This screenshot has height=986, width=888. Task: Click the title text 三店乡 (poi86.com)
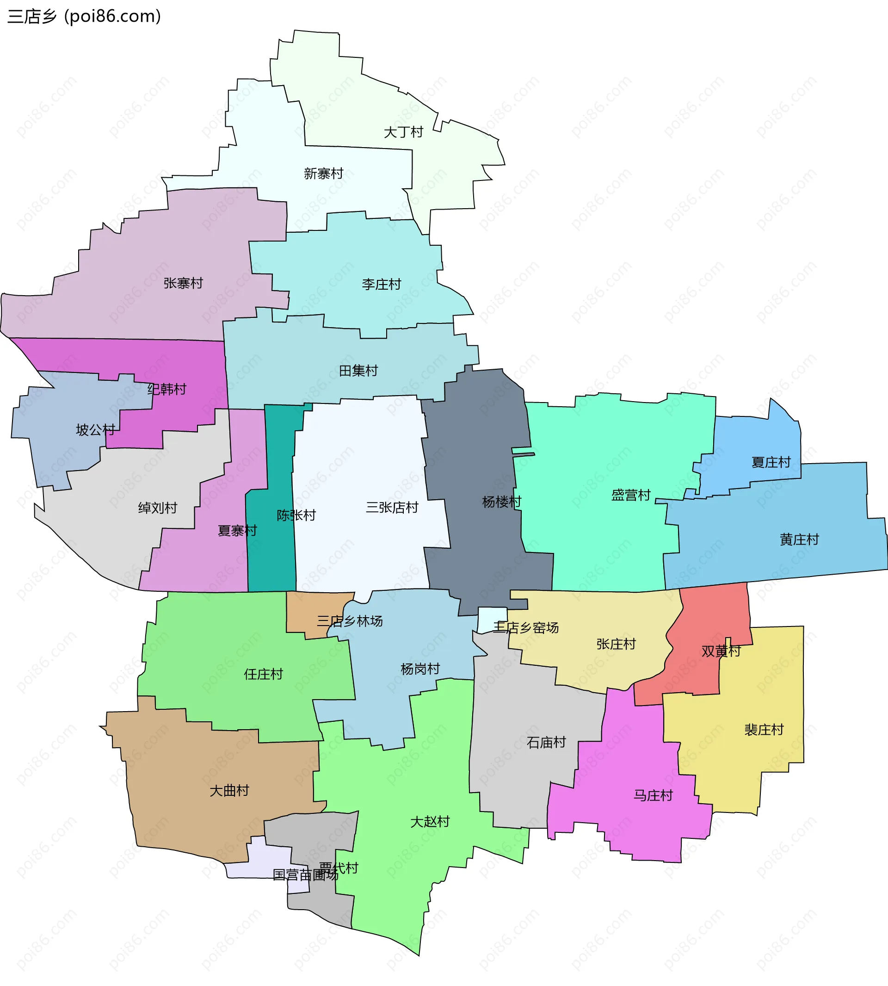(x=84, y=17)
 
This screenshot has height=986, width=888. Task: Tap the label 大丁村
(x=403, y=132)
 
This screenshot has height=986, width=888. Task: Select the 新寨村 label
(x=323, y=174)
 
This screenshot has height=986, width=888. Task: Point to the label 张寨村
(x=183, y=283)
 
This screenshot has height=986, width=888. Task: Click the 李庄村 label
(x=381, y=284)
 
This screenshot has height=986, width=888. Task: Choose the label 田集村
(x=358, y=371)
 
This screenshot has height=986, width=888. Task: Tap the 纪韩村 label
(x=167, y=390)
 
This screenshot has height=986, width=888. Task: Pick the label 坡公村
(x=96, y=430)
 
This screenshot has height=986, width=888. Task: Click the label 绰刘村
(x=158, y=508)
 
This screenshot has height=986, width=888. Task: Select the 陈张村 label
(x=296, y=515)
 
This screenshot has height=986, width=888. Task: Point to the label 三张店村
(x=392, y=508)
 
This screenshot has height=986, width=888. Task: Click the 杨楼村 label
(x=501, y=502)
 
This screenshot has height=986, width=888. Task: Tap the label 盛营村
(x=631, y=496)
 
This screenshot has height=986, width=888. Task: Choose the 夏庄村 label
(x=771, y=462)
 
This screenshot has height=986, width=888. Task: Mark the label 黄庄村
(x=799, y=540)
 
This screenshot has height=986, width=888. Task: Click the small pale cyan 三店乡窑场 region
(x=492, y=618)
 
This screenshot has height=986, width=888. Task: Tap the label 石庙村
(x=546, y=743)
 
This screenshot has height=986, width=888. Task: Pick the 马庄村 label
(x=653, y=796)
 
